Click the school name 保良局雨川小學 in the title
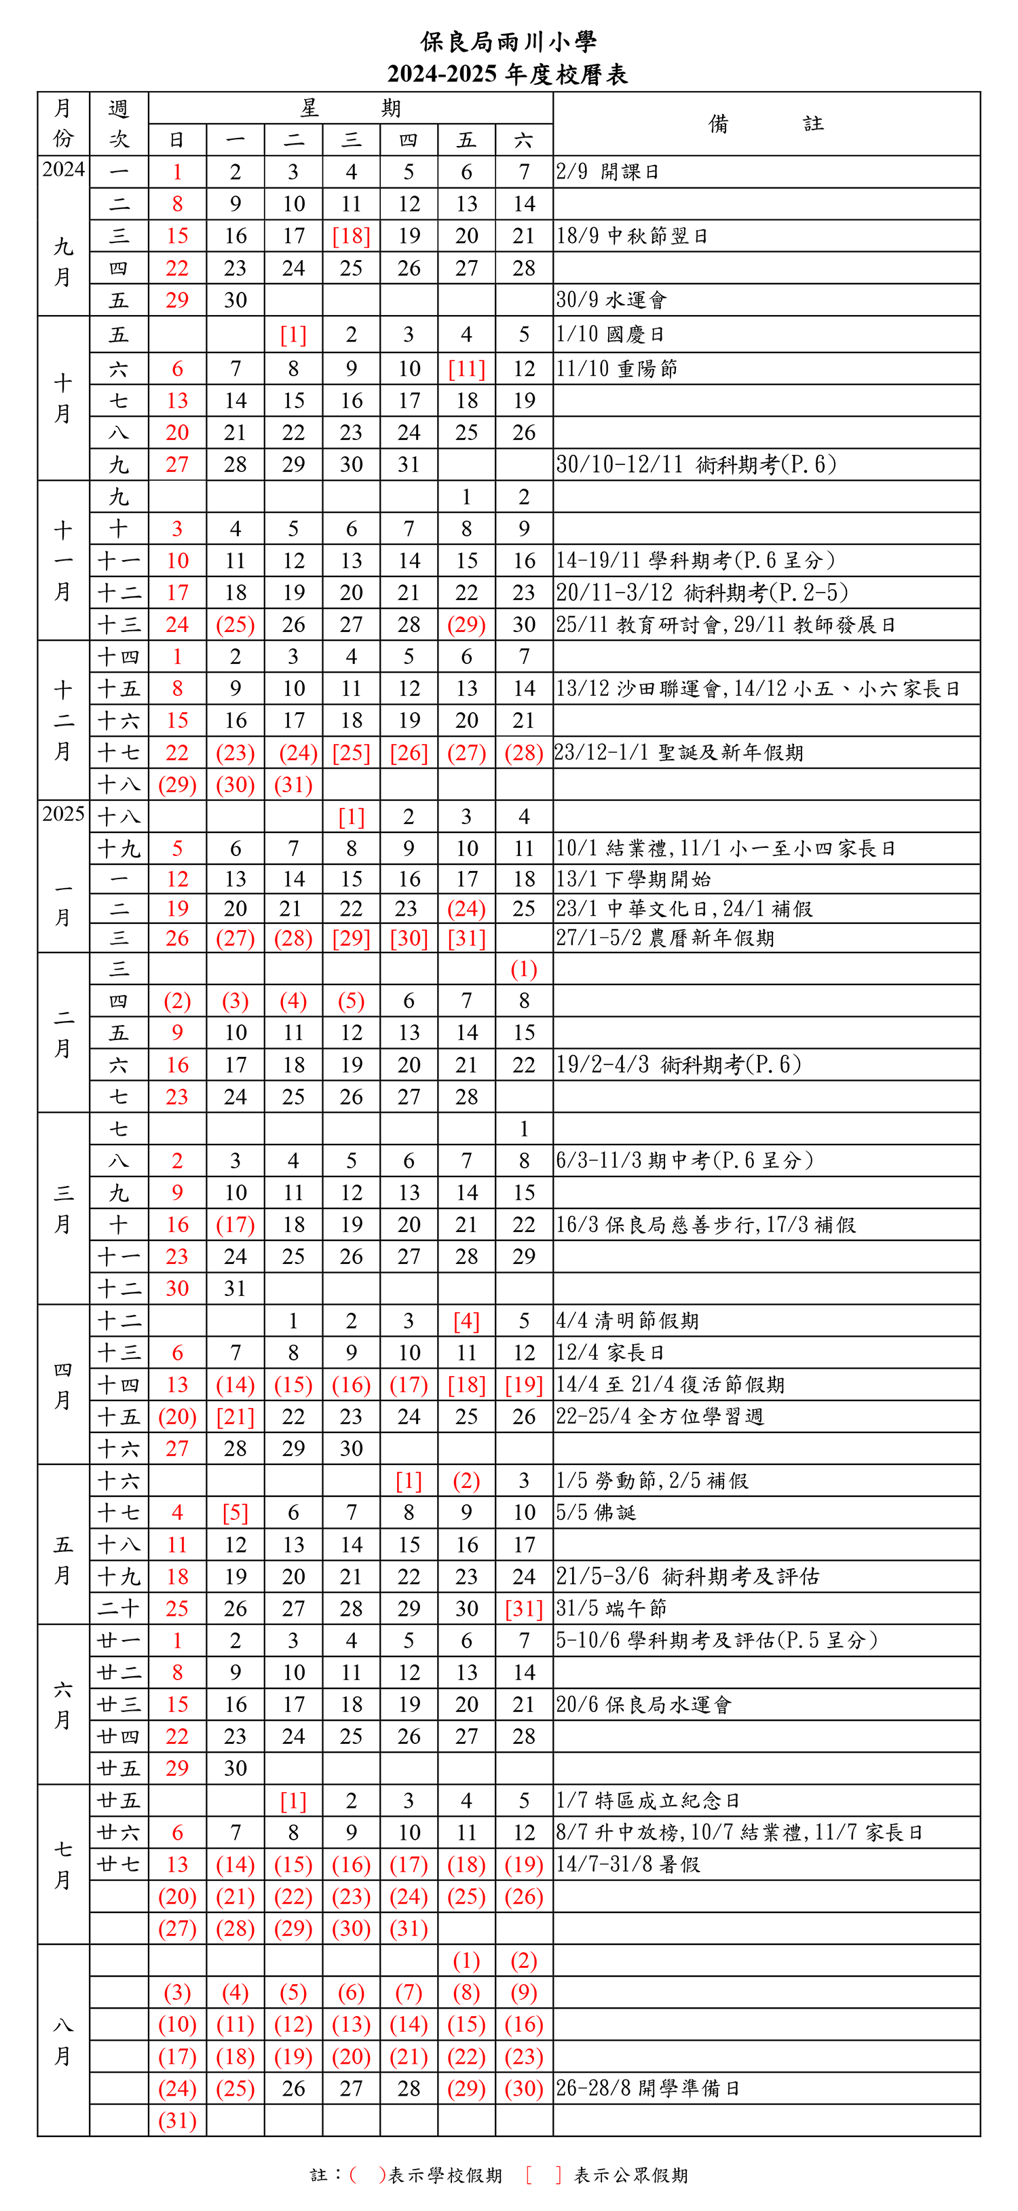click(x=508, y=41)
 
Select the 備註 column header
click(x=766, y=124)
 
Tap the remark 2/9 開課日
click(x=607, y=172)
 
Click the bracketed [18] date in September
click(x=351, y=236)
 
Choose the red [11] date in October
click(x=466, y=369)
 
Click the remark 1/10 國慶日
click(x=610, y=335)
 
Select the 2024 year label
click(x=64, y=169)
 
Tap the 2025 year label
click(x=64, y=814)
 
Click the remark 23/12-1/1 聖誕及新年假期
click(x=679, y=753)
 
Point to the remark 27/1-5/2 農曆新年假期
click(x=665, y=938)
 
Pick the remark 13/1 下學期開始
click(x=633, y=879)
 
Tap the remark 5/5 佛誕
click(x=596, y=1512)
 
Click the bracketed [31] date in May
click(x=524, y=1608)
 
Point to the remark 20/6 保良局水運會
click(x=644, y=1705)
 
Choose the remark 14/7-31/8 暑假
click(x=628, y=1864)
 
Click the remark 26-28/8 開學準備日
click(x=648, y=2088)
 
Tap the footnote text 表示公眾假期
click(x=631, y=2175)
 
